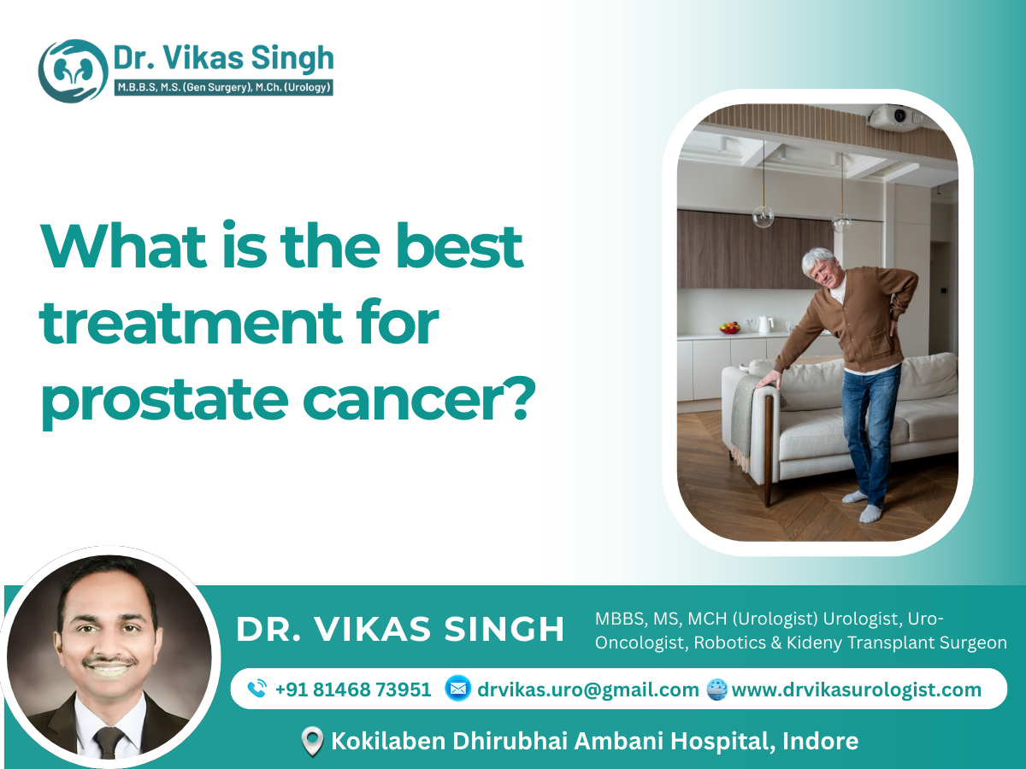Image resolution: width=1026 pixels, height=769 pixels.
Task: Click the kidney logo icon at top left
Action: click(x=73, y=71)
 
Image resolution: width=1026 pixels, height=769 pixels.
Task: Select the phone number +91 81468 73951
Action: click(x=353, y=690)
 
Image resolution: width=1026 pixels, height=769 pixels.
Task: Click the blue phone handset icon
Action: click(x=256, y=690)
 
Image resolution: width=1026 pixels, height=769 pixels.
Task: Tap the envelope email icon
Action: click(x=458, y=689)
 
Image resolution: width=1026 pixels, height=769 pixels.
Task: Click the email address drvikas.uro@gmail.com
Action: click(x=588, y=690)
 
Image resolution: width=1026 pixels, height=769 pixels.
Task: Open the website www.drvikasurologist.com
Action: click(x=856, y=690)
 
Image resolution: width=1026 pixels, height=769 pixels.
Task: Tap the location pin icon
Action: click(x=313, y=741)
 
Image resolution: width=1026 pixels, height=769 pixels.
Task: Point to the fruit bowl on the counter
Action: click(x=729, y=327)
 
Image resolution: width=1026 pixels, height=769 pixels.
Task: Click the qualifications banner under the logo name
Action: click(x=223, y=86)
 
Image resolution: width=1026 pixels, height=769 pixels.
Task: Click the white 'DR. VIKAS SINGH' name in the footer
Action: click(x=400, y=630)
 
